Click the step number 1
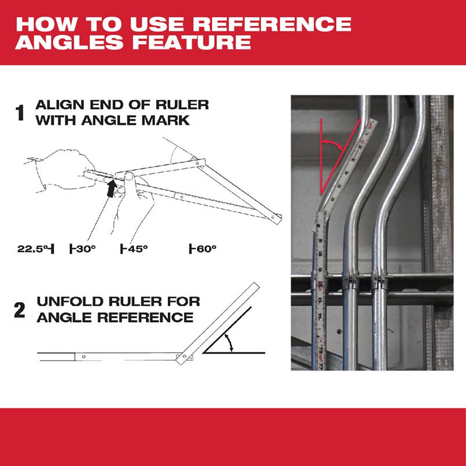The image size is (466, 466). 20,112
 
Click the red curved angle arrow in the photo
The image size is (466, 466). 333,143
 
